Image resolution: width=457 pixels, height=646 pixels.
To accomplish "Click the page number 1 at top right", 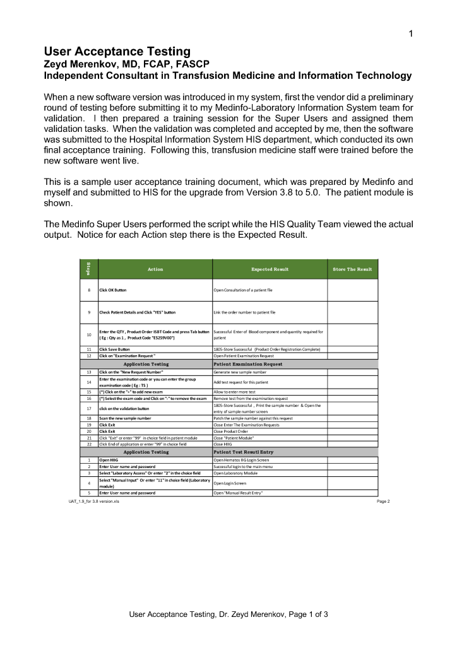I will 411,33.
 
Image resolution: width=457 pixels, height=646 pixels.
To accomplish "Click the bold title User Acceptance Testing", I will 117,52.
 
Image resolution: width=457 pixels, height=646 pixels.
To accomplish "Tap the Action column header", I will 155,269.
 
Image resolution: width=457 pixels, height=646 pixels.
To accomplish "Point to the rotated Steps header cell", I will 89,269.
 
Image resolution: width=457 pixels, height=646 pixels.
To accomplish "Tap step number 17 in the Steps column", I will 90,408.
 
